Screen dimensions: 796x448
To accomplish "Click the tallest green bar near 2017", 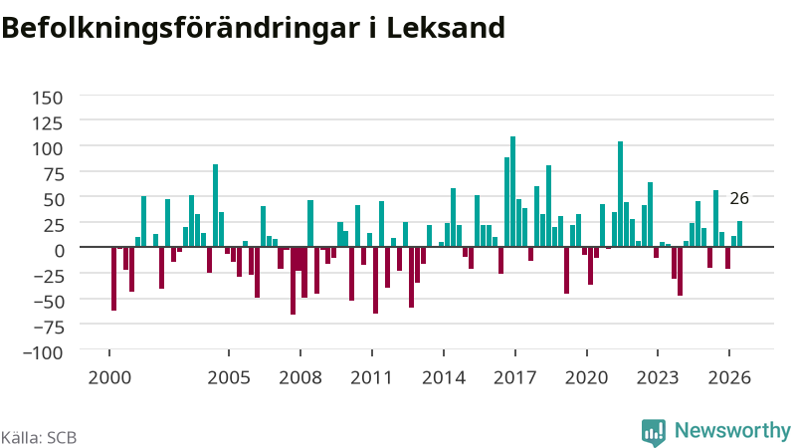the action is (x=512, y=191).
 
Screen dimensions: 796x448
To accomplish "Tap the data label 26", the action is (x=739, y=198).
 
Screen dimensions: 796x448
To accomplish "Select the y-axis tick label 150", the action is (x=47, y=98).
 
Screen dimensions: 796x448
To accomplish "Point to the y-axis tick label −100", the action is (x=43, y=352).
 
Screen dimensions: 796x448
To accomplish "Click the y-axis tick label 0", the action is (x=60, y=251).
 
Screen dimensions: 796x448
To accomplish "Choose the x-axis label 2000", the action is (x=109, y=378).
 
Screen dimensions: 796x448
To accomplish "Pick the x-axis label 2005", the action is (x=229, y=378).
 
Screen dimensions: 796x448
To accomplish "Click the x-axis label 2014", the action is (x=444, y=378).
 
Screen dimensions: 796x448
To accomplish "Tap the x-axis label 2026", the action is (x=729, y=378).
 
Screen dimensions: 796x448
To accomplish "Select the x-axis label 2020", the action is (x=587, y=378).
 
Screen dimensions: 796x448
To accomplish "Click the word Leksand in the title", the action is (x=446, y=28).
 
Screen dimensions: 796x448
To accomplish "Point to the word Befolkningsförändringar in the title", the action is (x=180, y=29).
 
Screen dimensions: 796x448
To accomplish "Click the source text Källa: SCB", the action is (x=39, y=437).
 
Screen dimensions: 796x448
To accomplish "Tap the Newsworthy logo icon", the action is (x=654, y=432).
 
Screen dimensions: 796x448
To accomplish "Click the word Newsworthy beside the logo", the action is (x=732, y=431).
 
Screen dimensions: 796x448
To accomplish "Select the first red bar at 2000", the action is (x=113, y=279).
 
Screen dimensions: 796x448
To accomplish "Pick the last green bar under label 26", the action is (x=739, y=234).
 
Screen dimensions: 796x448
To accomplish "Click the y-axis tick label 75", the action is (x=54, y=174).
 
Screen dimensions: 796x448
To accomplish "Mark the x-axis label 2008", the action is (x=300, y=378).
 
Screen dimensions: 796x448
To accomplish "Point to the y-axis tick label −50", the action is (x=49, y=302).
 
